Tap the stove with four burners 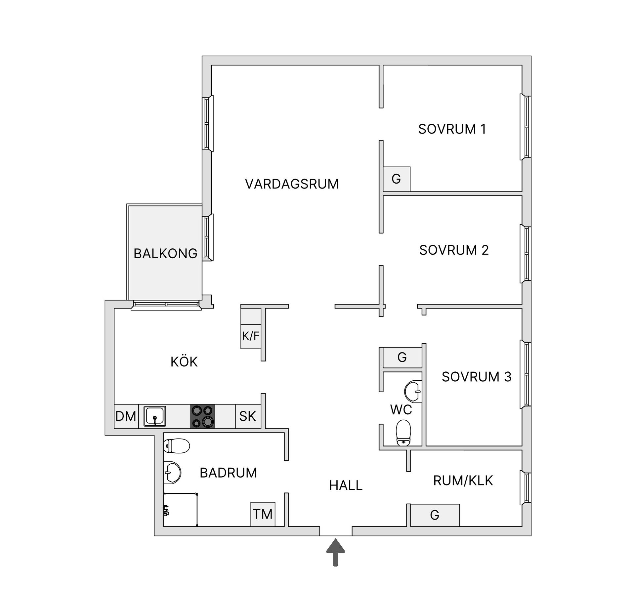(203, 416)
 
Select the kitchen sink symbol (154, 416)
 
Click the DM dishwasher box (126, 416)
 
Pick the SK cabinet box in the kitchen (248, 416)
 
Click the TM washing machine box (263, 514)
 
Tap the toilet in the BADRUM (177, 446)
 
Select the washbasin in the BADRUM (172, 472)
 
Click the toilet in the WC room (403, 433)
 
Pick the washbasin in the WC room (413, 392)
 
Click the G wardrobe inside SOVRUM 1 (397, 179)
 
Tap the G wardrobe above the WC (402, 358)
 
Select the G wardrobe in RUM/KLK (435, 515)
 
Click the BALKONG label (165, 254)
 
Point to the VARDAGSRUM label (292, 184)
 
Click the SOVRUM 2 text (454, 250)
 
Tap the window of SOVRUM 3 (526, 374)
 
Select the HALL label (346, 485)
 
